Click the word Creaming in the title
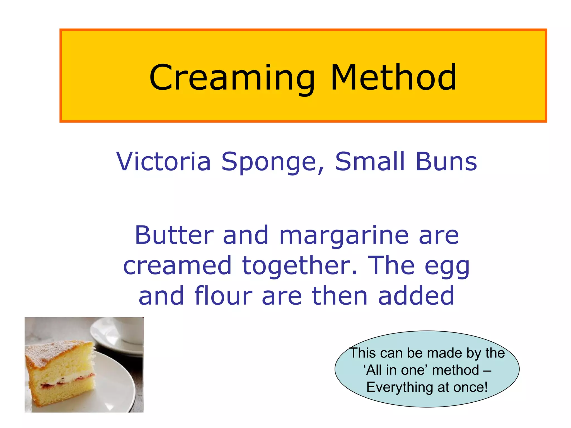click(232, 78)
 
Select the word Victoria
click(163, 162)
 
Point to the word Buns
click(446, 162)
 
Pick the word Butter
click(174, 235)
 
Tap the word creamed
click(177, 266)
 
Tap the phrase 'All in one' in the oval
click(395, 370)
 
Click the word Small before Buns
click(370, 162)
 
